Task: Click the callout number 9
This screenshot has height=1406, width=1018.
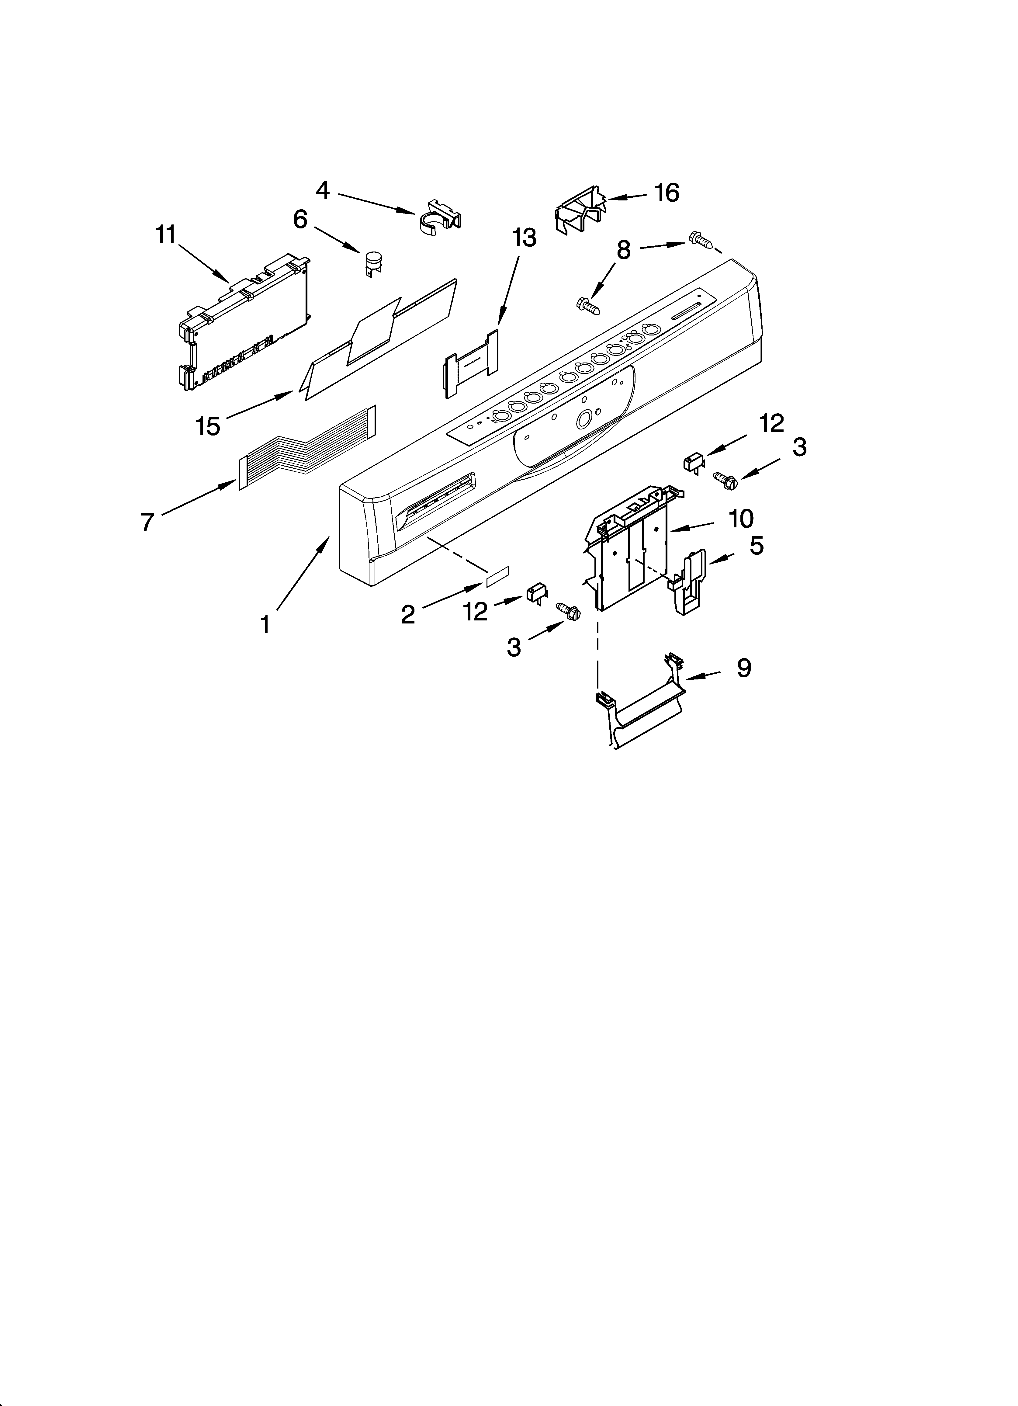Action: pos(744,668)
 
